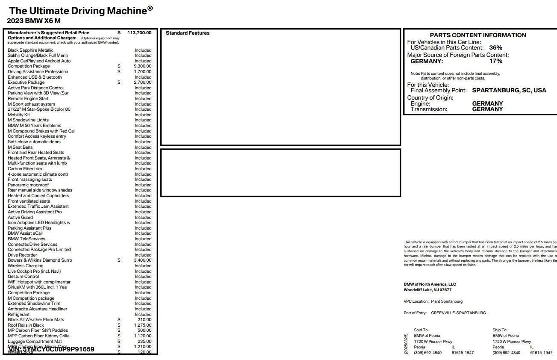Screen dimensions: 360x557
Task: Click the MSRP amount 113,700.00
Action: point(139,32)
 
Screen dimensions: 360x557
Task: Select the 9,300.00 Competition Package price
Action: point(142,66)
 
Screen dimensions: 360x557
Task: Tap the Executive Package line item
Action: point(26,83)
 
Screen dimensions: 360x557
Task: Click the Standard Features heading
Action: point(188,33)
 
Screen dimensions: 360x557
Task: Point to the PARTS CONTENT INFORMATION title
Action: point(478,35)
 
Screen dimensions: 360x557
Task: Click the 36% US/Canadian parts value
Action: point(496,48)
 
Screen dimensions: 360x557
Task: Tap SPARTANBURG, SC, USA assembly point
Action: point(509,91)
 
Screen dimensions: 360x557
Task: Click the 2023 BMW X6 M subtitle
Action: point(33,21)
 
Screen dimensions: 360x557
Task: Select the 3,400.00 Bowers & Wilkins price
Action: point(142,260)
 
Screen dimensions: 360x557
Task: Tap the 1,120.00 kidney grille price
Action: point(142,336)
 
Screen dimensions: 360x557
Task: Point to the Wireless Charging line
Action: point(26,266)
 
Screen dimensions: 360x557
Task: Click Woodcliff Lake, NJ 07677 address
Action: point(427,290)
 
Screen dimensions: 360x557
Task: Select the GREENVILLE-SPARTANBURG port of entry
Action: point(458,313)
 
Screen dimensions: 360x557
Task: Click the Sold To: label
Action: point(421,330)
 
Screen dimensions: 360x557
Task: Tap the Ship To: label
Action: point(500,330)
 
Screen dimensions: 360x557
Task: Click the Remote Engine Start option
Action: point(28,99)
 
